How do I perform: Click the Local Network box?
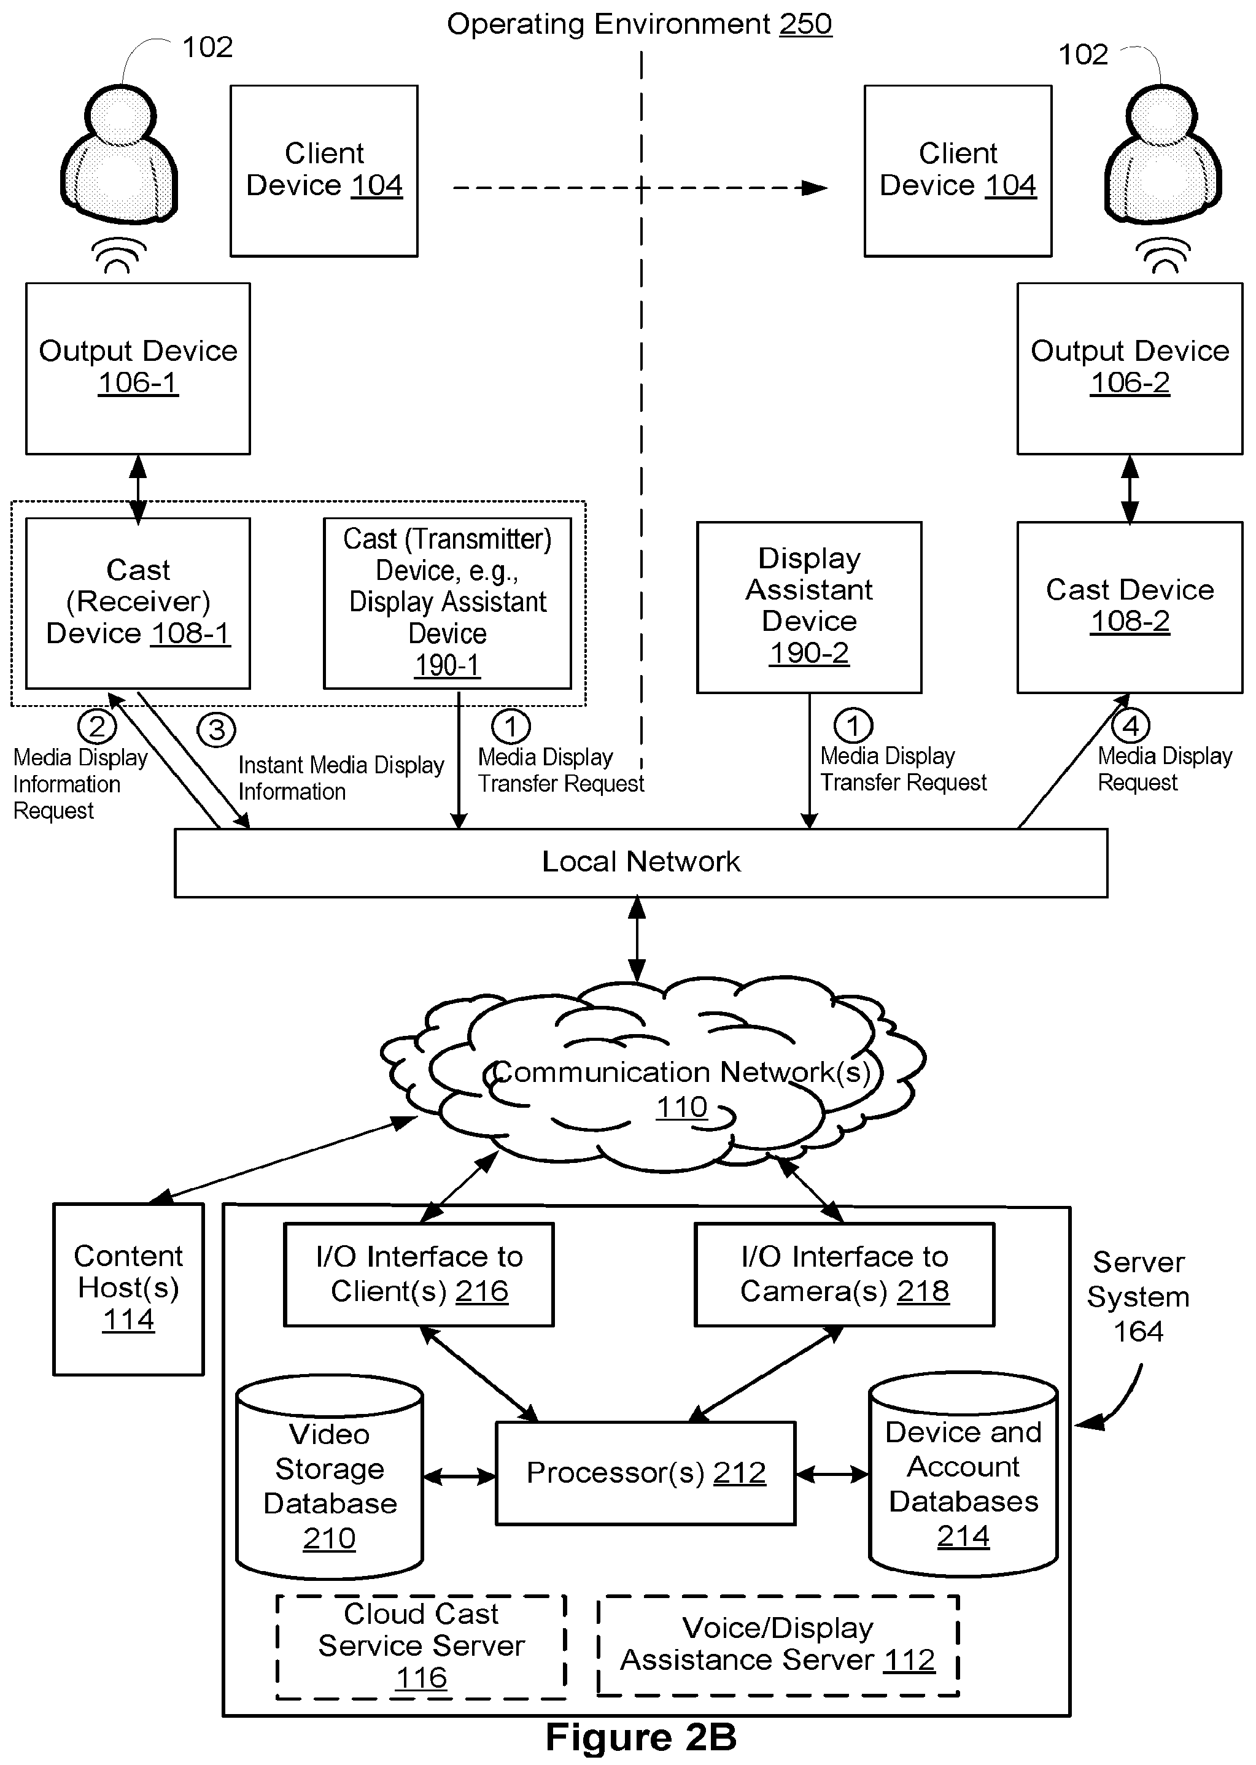[640, 862]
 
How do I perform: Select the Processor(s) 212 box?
[645, 1473]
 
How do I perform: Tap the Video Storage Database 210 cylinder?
[330, 1477]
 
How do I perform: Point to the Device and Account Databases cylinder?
[963, 1475]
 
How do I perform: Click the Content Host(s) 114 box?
[128, 1288]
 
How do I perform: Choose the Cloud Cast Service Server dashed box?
[422, 1647]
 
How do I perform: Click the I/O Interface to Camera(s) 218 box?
[845, 1274]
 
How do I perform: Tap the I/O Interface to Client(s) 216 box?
[419, 1274]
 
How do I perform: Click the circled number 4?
[1131, 726]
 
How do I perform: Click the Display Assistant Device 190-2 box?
[809, 607]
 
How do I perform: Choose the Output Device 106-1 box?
[139, 368]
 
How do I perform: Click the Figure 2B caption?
[641, 1737]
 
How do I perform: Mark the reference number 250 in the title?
[806, 24]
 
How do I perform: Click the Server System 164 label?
[1139, 1297]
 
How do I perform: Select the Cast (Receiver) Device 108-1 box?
[139, 603]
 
